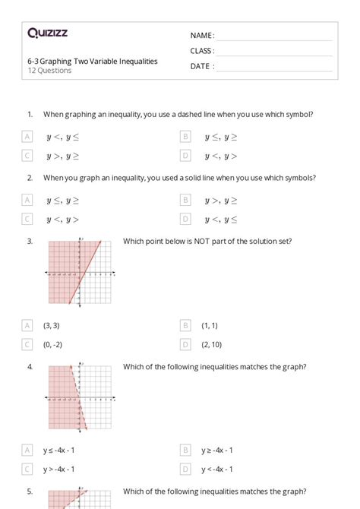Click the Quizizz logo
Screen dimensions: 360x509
pos(47,33)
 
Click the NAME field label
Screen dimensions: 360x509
pos(201,36)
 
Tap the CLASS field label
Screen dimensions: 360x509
pos(202,51)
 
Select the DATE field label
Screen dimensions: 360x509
pos(201,66)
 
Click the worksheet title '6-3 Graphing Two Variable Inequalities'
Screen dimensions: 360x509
pos(93,61)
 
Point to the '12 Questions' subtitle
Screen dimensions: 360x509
pos(49,71)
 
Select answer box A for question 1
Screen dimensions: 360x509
pos(27,137)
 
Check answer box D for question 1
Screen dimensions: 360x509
pos(185,156)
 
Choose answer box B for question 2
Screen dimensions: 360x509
pos(185,201)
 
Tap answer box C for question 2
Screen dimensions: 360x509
pos(27,220)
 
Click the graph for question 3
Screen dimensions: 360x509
pos(80,272)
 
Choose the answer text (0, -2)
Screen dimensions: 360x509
pos(53,344)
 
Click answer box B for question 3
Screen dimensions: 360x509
pos(185,325)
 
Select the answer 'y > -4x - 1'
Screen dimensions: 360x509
pos(58,469)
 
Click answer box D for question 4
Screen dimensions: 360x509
pos(185,469)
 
